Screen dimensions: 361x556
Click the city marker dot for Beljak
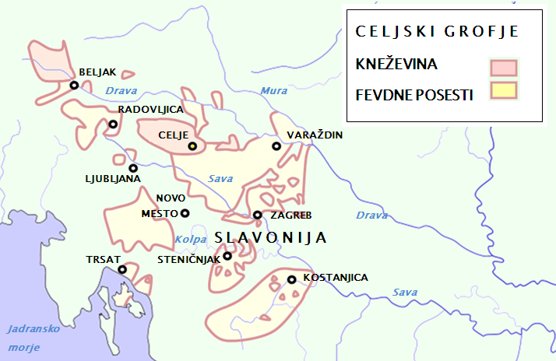coord(74,86)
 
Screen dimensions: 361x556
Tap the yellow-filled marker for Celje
coord(192,146)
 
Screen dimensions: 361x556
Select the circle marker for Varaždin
coord(276,146)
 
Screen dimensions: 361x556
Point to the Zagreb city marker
coord(258,216)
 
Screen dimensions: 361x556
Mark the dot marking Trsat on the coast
coord(122,270)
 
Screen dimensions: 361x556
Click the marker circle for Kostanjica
coord(291,279)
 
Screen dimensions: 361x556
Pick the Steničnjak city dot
coord(227,256)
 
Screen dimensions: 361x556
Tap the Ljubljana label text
coord(113,179)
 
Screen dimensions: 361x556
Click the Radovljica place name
coord(150,110)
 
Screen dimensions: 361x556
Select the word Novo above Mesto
coord(171,198)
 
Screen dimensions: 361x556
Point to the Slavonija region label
coord(269,238)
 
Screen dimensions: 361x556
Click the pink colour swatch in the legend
coord(504,66)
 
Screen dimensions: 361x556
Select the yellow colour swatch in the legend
coord(504,91)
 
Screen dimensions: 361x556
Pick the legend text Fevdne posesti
coord(413,95)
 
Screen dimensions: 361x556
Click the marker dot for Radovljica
coord(113,124)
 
